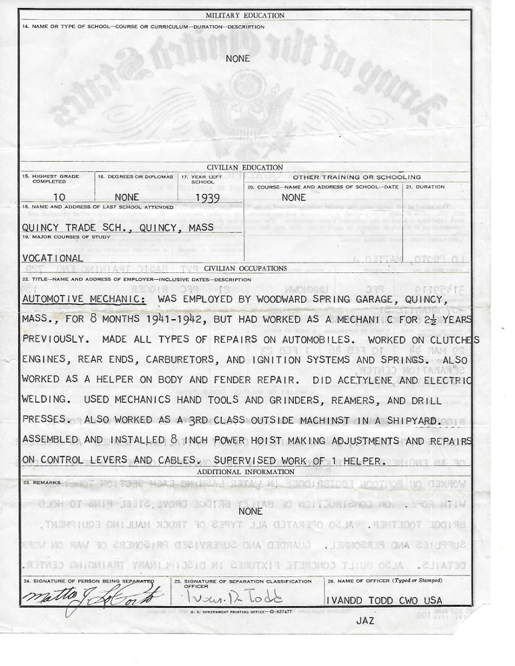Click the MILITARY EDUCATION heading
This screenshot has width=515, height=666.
(x=245, y=15)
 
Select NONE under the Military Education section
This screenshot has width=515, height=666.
(x=238, y=59)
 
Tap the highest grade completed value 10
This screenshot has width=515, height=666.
(x=59, y=197)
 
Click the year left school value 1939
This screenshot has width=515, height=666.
(x=208, y=197)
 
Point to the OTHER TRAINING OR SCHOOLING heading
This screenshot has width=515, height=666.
(x=357, y=177)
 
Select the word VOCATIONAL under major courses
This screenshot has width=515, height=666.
(x=53, y=258)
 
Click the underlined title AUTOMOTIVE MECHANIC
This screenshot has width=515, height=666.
(x=84, y=299)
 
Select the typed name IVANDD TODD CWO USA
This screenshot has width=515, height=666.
(x=384, y=601)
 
